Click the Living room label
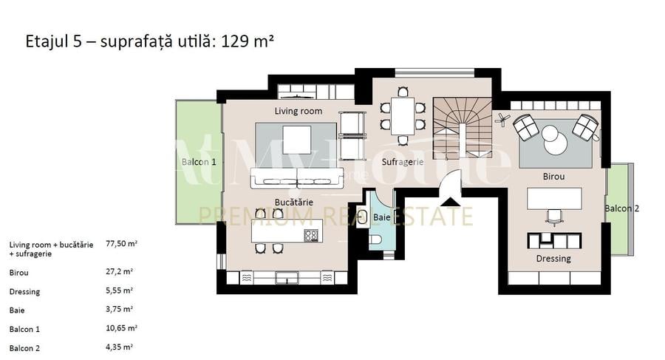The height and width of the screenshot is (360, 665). (x=299, y=112)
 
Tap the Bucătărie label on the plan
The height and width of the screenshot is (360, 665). (x=294, y=201)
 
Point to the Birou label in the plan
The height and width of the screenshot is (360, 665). (x=553, y=177)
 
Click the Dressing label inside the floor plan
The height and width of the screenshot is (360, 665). (x=553, y=259)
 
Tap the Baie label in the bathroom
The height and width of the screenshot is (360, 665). (x=382, y=217)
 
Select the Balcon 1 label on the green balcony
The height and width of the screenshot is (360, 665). (x=199, y=162)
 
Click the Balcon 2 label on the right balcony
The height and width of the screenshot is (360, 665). (x=621, y=208)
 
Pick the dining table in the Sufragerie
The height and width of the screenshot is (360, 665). (x=403, y=115)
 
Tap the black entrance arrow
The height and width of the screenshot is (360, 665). (x=449, y=200)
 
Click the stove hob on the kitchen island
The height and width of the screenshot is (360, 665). (x=311, y=236)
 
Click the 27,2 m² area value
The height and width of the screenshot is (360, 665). (x=119, y=271)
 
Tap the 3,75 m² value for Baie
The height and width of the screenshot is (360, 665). (x=120, y=310)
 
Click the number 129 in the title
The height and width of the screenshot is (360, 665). (x=236, y=41)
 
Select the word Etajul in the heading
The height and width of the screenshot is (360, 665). (x=44, y=41)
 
